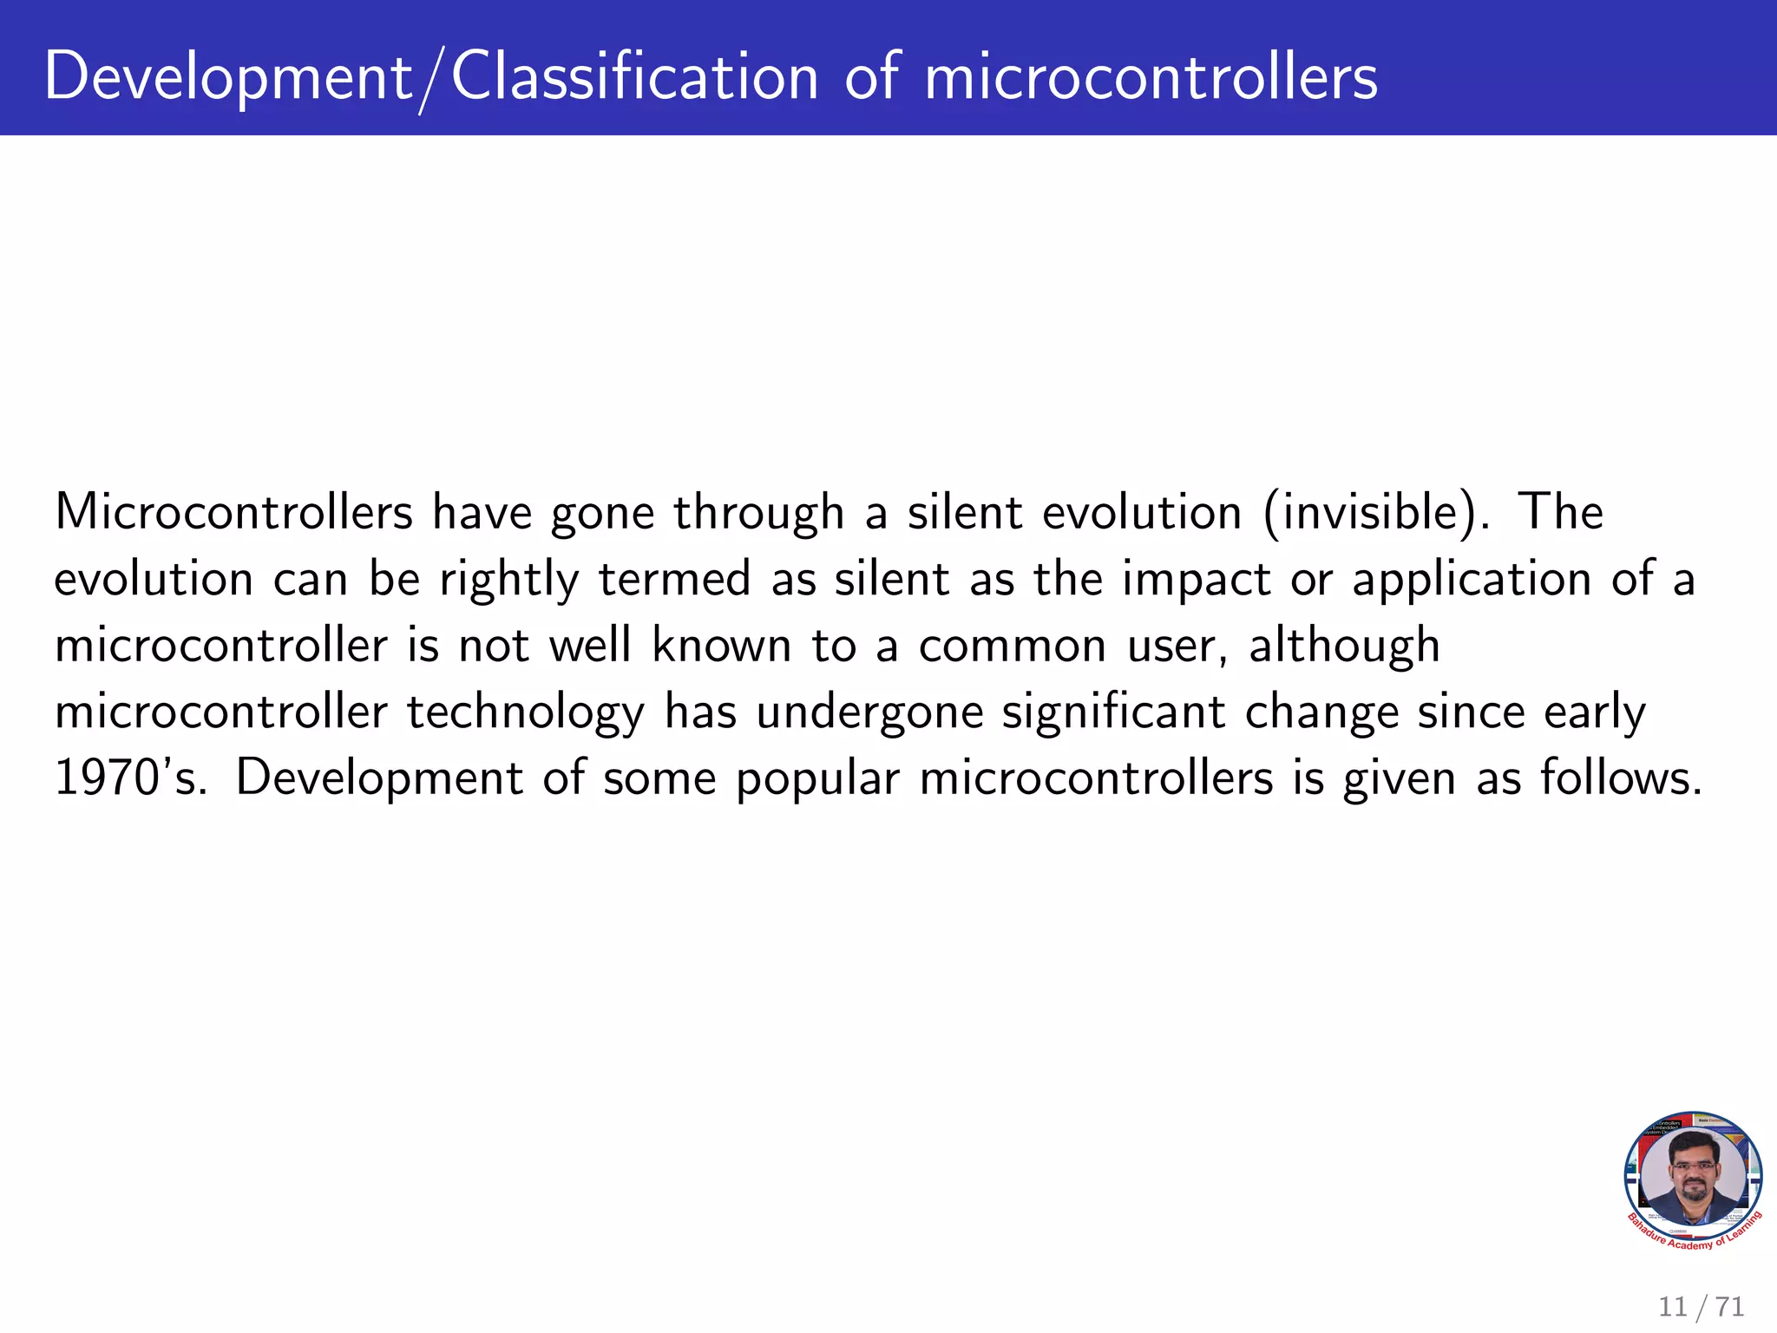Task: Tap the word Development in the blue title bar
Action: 228,78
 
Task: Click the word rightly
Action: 508,580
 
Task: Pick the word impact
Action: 1197,580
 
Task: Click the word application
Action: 1472,580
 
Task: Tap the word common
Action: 1013,646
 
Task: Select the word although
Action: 1344,646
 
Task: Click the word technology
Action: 526,713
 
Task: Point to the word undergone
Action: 869,713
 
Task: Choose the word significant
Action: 1113,713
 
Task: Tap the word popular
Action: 817,779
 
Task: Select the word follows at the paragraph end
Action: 1619,778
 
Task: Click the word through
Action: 758,512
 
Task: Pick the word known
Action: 722,646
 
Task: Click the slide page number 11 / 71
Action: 1701,1306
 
